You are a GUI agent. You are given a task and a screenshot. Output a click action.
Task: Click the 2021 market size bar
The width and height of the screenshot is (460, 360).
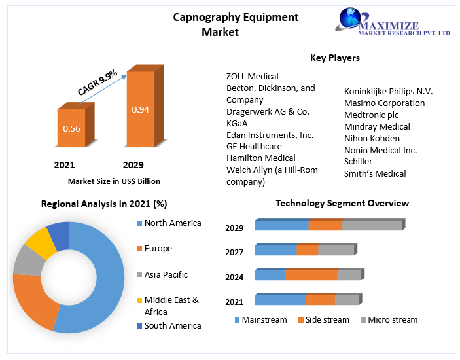point(71,128)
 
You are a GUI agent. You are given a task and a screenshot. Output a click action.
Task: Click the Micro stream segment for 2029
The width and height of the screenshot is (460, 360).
point(372,226)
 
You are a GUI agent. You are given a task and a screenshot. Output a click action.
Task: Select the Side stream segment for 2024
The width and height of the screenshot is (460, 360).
point(311,275)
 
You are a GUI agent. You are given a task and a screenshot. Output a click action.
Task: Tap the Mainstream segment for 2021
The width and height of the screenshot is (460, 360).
point(280,300)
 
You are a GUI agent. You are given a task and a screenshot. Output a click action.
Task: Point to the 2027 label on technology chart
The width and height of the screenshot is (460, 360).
point(234,252)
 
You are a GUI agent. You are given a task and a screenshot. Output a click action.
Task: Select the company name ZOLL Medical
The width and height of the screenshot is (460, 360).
point(252,77)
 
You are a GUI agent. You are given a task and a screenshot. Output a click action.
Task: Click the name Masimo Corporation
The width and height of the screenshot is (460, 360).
point(384,103)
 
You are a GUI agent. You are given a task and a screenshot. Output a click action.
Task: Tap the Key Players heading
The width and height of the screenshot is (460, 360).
point(334,58)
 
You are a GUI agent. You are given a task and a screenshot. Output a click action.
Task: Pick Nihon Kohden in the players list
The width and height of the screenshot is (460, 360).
point(372,138)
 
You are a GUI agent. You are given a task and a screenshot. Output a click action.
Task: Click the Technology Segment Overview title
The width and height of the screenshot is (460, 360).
point(342,203)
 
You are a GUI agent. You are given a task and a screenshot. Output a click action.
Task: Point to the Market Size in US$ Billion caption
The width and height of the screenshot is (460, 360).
point(114,181)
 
